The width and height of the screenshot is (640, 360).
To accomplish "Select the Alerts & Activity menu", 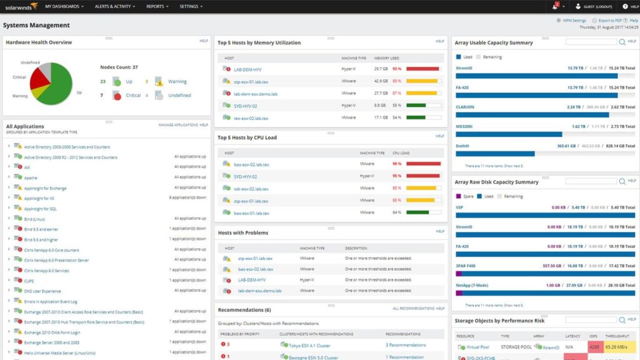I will coord(113,6).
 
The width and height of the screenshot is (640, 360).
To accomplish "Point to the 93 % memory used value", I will coord(396,69).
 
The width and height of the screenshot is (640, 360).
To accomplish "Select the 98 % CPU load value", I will coord(396,164).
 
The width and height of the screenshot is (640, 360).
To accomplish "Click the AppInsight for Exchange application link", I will coord(45,188).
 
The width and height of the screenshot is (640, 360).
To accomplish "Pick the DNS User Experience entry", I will coord(42,291).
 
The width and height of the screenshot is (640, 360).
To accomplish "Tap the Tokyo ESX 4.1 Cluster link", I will coord(310,345).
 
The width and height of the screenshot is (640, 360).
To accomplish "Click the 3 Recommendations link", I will coord(405,345).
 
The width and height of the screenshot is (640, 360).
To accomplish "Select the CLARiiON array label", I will coord(465,107).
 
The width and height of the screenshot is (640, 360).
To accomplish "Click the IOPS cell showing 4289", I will coord(594,347).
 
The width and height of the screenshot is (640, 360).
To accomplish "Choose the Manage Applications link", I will coord(178,125).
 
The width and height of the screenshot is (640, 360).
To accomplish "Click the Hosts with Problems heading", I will coord(243,232).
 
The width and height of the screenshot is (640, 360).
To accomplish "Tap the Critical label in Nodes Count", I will coord(133,96).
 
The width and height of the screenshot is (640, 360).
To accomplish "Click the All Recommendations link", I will coord(413,308).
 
